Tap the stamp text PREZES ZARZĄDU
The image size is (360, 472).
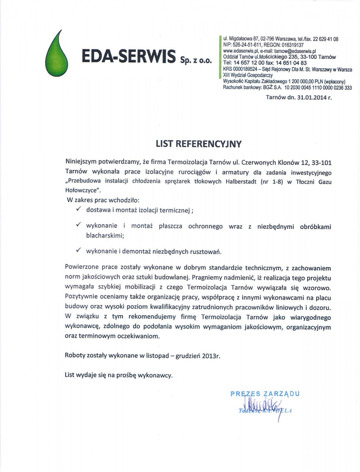[265, 393]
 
